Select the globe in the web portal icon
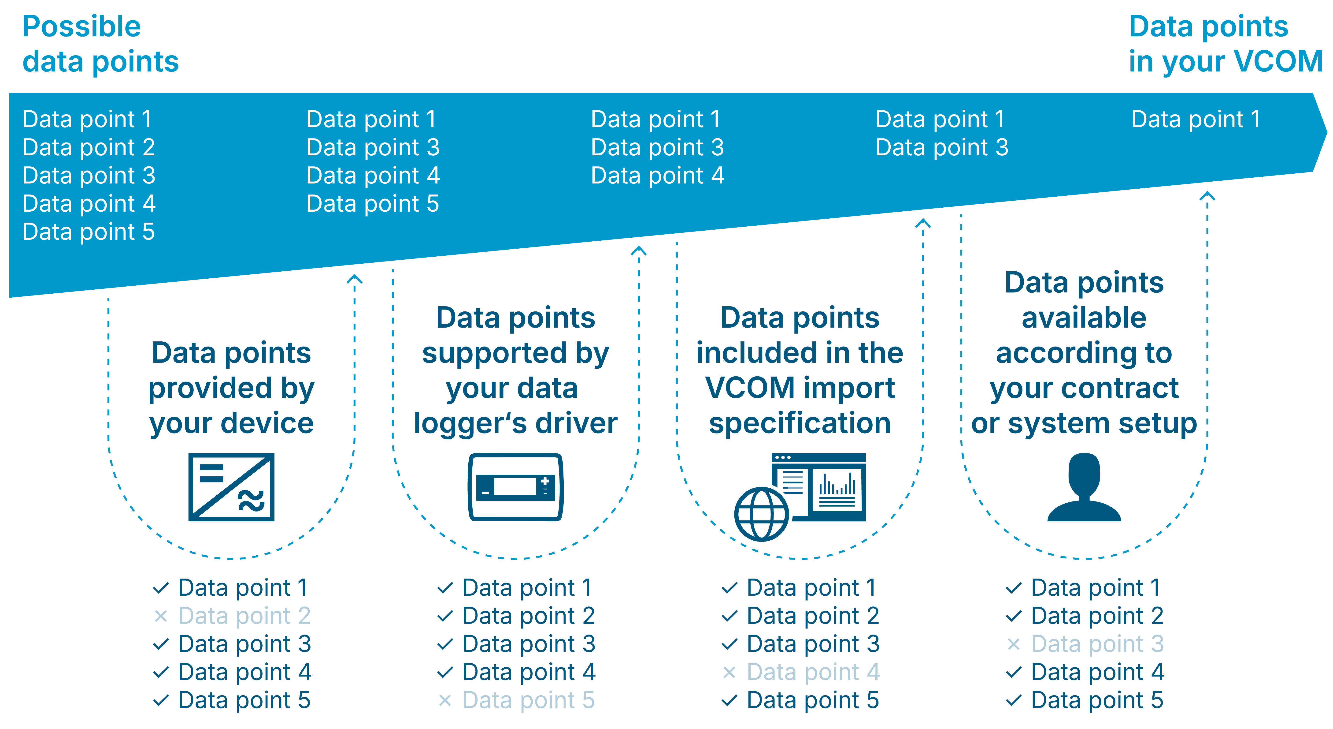click(761, 514)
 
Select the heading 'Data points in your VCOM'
click(1225, 44)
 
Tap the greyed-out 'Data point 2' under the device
click(244, 616)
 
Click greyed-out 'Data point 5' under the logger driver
click(528, 700)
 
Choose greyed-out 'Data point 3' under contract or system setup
click(1097, 643)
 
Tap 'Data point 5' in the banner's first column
click(89, 232)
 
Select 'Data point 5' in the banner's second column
click(373, 203)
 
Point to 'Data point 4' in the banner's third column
click(657, 176)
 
